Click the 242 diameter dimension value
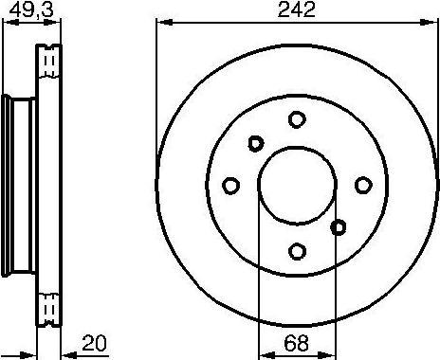point(296,9)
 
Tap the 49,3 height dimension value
point(31,9)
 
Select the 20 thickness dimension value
point(94,343)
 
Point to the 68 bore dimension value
point(296,343)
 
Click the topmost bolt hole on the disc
point(297,119)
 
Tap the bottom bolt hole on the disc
point(297,251)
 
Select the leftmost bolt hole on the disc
point(230,186)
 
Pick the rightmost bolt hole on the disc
point(363,185)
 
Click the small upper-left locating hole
point(256,144)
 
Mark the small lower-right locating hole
point(339,227)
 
